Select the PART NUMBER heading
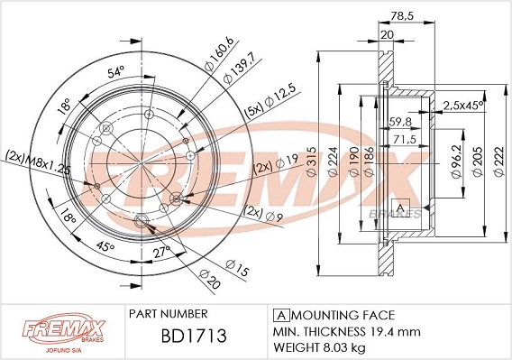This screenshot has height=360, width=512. pos(169,313)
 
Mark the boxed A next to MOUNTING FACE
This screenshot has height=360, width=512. pos(280,314)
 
